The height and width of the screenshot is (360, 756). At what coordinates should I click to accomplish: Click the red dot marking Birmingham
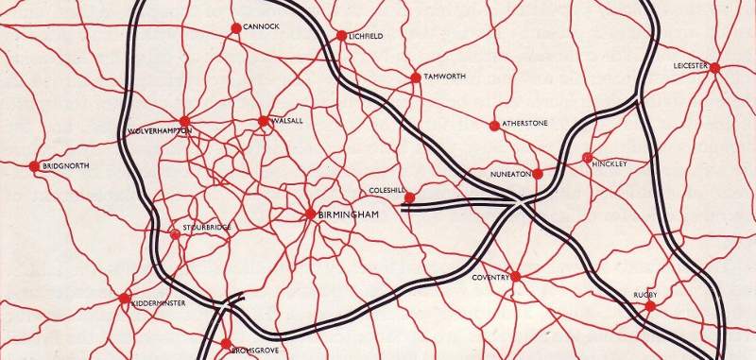coord(310,214)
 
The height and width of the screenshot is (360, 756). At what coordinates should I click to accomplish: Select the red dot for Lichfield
coord(341,36)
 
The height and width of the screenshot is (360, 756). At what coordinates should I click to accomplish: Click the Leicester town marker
coord(715,68)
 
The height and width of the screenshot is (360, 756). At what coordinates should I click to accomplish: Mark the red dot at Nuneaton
coord(538,174)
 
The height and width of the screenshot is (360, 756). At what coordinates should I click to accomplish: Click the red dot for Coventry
coord(516,276)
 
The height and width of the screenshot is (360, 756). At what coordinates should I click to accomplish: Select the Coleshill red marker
coord(409,197)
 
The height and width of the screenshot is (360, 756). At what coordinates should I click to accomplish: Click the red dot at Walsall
coord(263,121)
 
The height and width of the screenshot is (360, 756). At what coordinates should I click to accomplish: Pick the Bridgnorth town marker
coord(34,166)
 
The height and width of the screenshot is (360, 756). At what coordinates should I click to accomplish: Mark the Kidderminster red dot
coord(125,299)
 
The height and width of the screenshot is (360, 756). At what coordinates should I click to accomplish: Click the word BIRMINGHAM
coord(349,215)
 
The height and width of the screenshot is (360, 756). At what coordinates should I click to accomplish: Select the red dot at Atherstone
coord(493,125)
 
